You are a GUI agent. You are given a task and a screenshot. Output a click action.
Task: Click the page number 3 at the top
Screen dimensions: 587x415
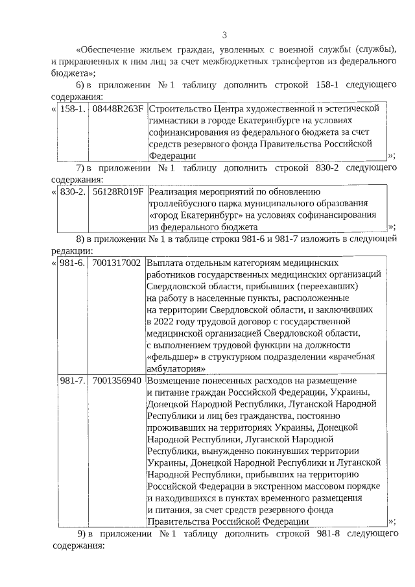coord(224,34)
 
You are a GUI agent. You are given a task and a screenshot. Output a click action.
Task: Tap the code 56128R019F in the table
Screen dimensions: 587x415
coord(117,192)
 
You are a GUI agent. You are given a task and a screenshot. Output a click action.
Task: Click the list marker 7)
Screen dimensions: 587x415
coord(81,169)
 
